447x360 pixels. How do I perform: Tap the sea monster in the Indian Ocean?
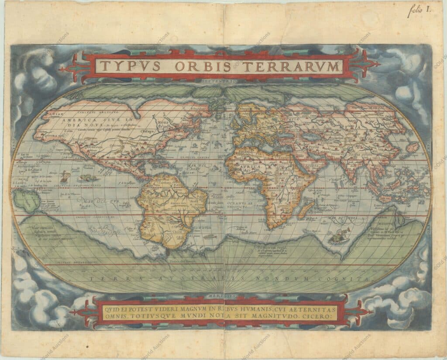[x=337, y=237]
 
